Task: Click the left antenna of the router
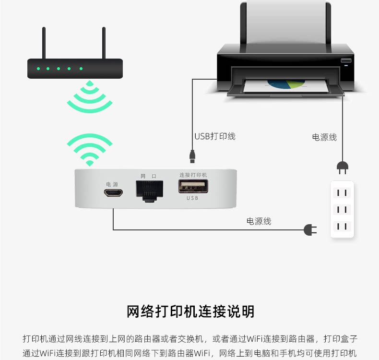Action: [x=44, y=43]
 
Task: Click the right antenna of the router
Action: [x=103, y=43]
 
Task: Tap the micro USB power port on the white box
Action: [x=114, y=193]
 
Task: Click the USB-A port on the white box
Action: [x=193, y=186]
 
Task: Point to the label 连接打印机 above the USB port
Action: [x=193, y=175]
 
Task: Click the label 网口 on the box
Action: [x=148, y=176]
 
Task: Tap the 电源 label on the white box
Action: [x=112, y=184]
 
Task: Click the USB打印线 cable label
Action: [x=215, y=136]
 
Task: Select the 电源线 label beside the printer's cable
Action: [x=324, y=137]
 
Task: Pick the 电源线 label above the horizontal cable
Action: [x=259, y=221]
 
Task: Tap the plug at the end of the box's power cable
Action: [x=310, y=230]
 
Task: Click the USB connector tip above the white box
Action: [x=192, y=156]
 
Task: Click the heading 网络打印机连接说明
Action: [x=190, y=312]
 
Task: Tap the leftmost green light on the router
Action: [x=37, y=69]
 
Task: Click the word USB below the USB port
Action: [x=193, y=198]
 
